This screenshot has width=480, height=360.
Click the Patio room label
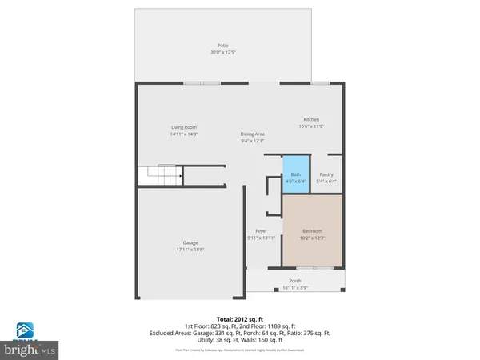(223, 46)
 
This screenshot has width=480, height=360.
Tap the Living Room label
(184, 127)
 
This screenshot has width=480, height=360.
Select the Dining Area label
(253, 134)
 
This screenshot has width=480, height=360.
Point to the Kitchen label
(311, 119)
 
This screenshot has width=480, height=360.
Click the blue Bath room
(295, 178)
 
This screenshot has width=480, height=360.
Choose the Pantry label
(326, 174)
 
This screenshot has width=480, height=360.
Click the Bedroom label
(311, 231)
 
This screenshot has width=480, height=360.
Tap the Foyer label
(261, 231)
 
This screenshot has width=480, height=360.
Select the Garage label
(190, 242)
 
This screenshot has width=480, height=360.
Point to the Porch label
(296, 281)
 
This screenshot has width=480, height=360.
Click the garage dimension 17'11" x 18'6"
(190, 250)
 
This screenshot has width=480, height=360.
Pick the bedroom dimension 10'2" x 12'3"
(311, 238)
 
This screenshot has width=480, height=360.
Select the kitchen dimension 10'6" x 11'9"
(311, 126)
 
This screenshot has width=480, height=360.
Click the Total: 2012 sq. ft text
(240, 318)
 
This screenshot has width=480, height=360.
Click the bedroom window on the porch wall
(312, 267)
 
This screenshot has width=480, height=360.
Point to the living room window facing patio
(202, 82)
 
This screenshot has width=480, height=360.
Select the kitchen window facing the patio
(320, 82)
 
